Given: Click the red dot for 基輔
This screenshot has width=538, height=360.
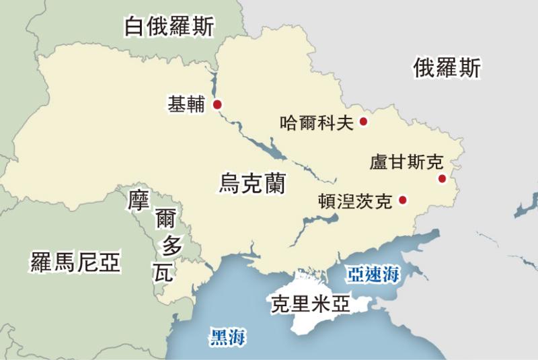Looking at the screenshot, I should point(217,104).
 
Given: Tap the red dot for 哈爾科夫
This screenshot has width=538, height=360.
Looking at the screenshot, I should point(363,122).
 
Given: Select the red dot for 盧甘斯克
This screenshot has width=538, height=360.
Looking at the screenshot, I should point(442,178).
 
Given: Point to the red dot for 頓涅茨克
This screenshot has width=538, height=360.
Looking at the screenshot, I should point(403,200).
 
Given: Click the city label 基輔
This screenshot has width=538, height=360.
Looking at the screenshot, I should point(186,105).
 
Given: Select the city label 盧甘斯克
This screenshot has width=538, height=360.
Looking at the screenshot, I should point(407,162).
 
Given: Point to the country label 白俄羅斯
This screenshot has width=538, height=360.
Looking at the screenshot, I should point(169,27).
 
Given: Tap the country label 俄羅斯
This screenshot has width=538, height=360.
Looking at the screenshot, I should point(447,68).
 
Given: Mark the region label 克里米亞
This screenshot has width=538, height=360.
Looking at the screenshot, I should point(310,304).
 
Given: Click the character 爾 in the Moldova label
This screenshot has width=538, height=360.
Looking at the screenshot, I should point(165,219).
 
